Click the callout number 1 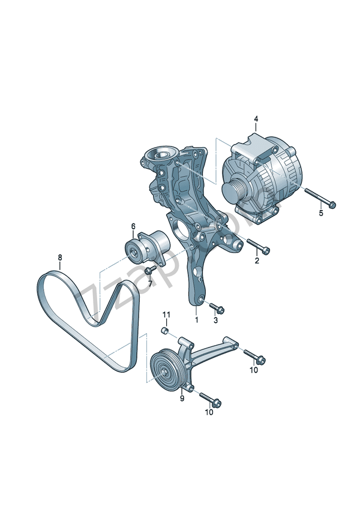click(x=195, y=320)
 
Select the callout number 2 click(x=257, y=261)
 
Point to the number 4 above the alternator click(x=256, y=119)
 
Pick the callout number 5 click(x=320, y=213)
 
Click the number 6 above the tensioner click(x=133, y=226)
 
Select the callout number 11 click(x=167, y=315)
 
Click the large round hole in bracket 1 click(x=179, y=229)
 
